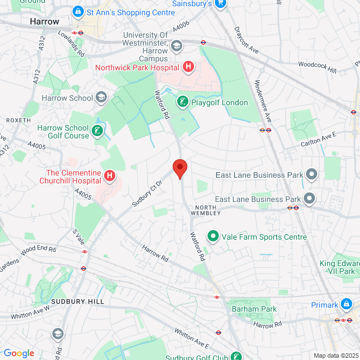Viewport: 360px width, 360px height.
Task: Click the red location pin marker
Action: pos(179,168)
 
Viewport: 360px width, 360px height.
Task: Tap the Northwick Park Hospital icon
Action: pos(188,67)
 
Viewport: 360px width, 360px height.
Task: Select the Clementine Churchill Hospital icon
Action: pos(110,177)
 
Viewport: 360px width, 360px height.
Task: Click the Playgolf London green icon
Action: pos(182,102)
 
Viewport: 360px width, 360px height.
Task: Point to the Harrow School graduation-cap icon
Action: pos(101,98)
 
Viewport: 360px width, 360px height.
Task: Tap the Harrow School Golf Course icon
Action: pos(98,132)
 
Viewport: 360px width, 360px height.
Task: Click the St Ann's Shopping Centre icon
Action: pos(78,11)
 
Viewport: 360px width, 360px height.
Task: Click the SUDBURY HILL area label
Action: pos(78,301)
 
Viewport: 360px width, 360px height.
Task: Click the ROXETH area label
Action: pos(18,120)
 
